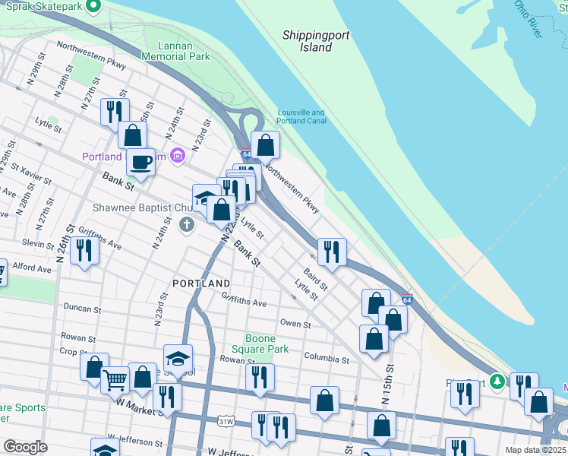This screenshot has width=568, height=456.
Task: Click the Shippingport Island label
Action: (x=308, y=41)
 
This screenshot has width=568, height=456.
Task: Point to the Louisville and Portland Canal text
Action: (x=301, y=116)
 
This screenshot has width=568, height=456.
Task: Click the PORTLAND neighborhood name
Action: (x=200, y=283)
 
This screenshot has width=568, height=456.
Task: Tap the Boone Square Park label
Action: (x=267, y=344)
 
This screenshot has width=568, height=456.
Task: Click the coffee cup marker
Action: (x=140, y=162)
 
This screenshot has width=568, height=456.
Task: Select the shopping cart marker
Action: (x=115, y=378)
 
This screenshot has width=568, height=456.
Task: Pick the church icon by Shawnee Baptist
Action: (x=187, y=225)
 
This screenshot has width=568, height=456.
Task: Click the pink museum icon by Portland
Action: (x=178, y=157)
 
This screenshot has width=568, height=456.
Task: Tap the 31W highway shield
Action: (x=225, y=420)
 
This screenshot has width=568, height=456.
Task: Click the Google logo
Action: (x=25, y=447)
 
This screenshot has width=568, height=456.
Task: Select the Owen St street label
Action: (x=295, y=325)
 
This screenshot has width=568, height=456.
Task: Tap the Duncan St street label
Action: (x=82, y=309)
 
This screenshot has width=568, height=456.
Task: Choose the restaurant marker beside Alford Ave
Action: (x=84, y=250)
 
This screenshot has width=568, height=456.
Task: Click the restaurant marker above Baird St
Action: (x=331, y=251)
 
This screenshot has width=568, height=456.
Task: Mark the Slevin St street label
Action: (x=38, y=243)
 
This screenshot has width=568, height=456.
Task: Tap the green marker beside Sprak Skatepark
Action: (x=93, y=6)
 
